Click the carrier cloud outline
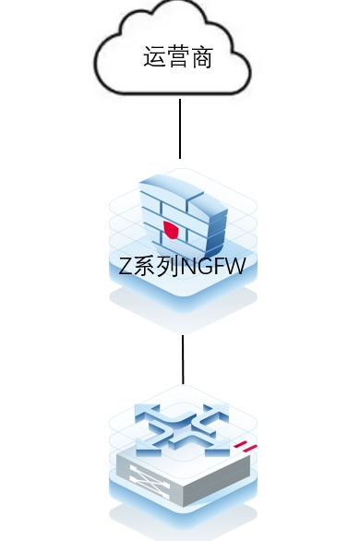point(102,74)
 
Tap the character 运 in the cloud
point(154,58)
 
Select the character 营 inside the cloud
point(178,58)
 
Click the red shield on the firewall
point(170,230)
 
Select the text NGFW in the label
point(211,268)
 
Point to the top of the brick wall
point(180,185)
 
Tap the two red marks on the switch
point(245,450)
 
